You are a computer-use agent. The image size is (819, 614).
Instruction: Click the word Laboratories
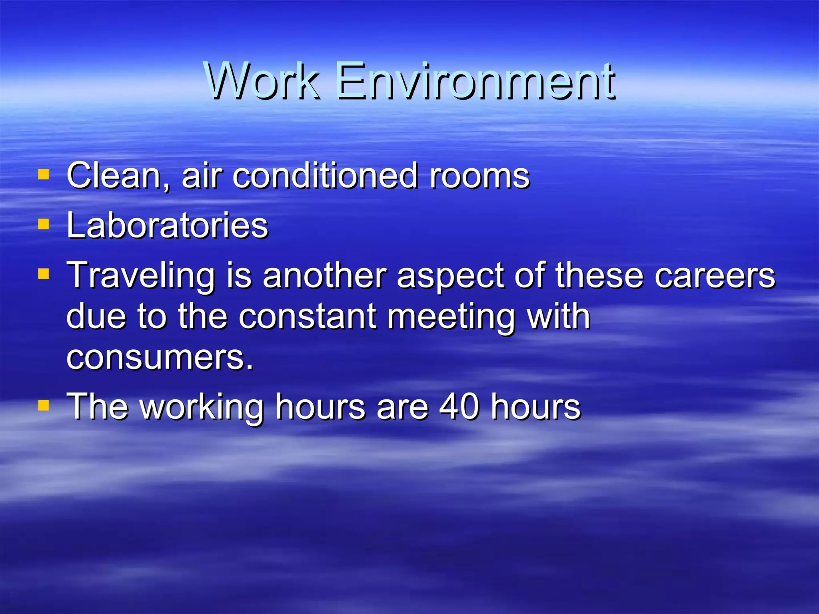(168, 225)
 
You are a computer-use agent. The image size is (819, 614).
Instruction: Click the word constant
(308, 317)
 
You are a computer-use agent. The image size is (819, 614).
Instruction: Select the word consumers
(160, 358)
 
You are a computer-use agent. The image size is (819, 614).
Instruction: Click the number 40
(459, 407)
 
